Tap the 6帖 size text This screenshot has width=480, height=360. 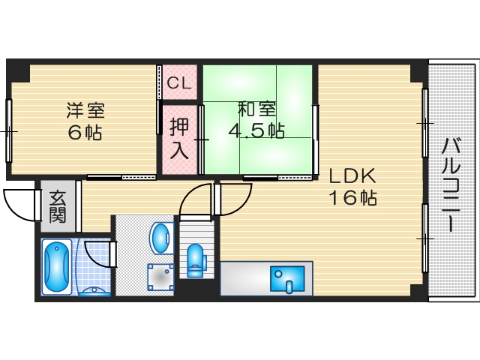tap(85, 134)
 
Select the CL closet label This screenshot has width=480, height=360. tap(179, 83)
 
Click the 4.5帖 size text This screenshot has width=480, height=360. tap(256, 130)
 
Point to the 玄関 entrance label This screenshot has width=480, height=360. tap(58, 206)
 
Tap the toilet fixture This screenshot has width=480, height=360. tap(195, 256)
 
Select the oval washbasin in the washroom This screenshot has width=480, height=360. tap(161, 237)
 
